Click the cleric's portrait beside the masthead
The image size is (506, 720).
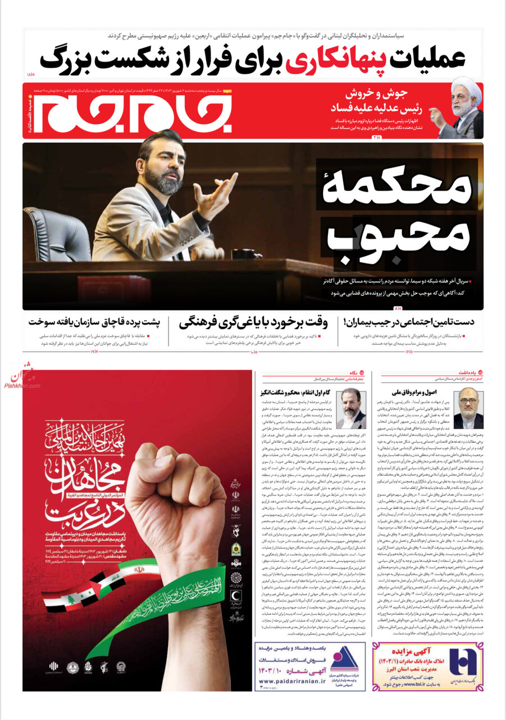pos(466,107)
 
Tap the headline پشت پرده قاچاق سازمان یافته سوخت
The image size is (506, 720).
pos(95,323)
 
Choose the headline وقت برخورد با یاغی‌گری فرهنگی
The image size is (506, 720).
pos(253,323)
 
